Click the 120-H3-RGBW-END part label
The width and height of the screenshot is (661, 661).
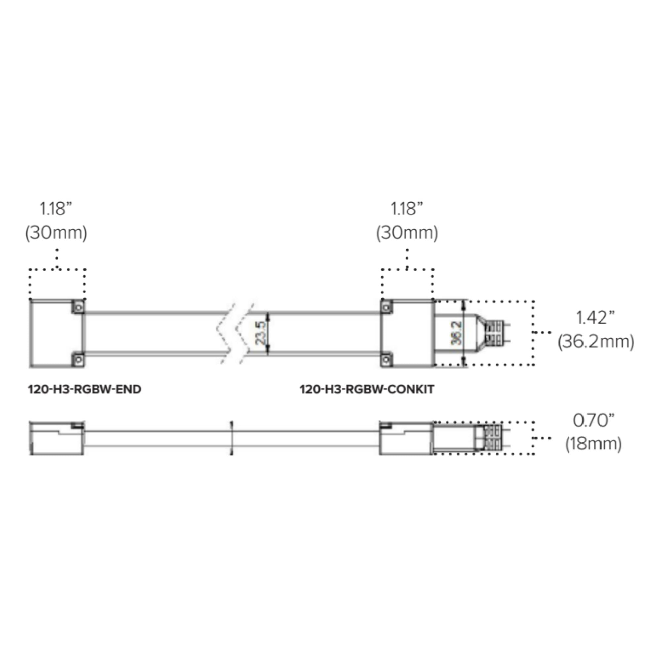85,389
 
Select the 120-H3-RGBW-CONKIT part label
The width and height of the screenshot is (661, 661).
367,389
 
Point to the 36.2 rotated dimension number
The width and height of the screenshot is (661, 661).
456,332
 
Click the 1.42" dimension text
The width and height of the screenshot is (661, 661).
595,318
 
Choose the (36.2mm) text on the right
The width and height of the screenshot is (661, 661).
596,342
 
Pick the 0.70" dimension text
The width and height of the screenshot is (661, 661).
594,420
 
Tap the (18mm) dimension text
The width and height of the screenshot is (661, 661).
594,444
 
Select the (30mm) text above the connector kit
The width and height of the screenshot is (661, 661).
407,233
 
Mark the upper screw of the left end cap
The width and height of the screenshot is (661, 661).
78,307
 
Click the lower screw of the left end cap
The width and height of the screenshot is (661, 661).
78,359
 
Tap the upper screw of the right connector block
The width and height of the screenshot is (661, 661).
387,307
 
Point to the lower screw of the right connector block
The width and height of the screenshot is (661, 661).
387,359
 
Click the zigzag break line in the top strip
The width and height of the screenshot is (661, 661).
236,332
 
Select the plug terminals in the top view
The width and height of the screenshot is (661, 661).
494,332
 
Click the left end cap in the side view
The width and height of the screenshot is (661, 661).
57,438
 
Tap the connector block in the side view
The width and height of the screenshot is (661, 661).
407,438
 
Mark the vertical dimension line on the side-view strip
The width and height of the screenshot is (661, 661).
232,438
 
